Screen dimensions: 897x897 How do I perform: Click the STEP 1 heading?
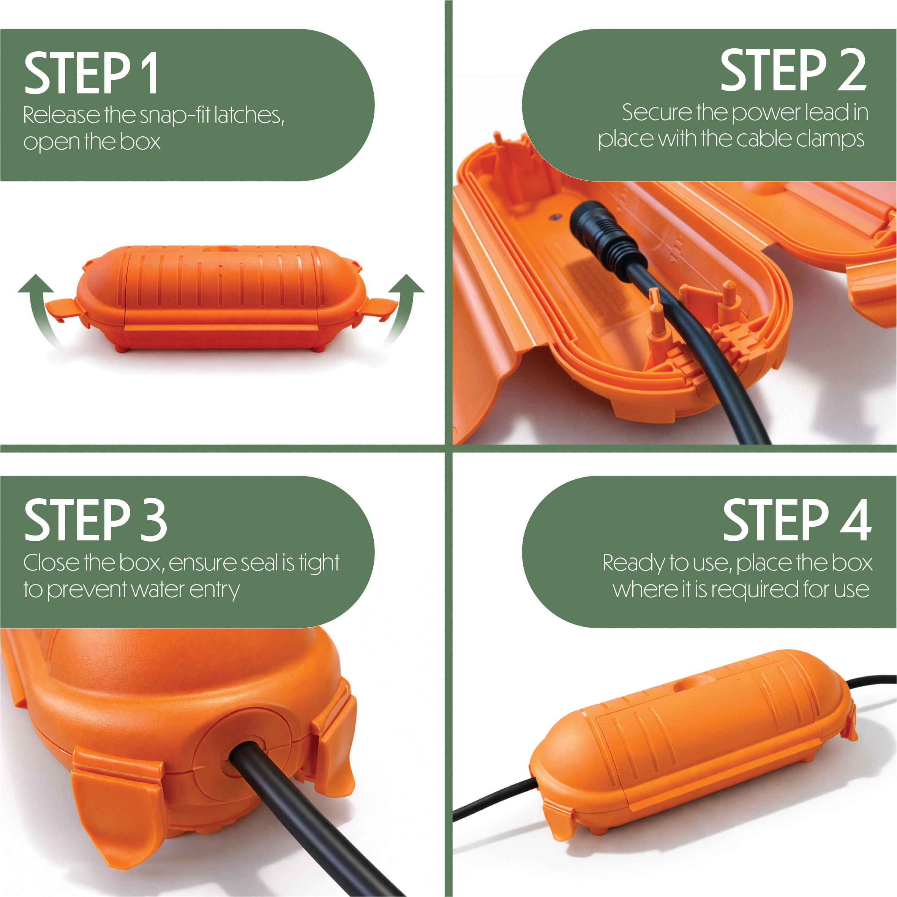click(x=91, y=73)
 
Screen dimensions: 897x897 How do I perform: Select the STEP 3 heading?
click(x=95, y=520)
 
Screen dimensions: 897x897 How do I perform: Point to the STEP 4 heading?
click(x=797, y=520)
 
